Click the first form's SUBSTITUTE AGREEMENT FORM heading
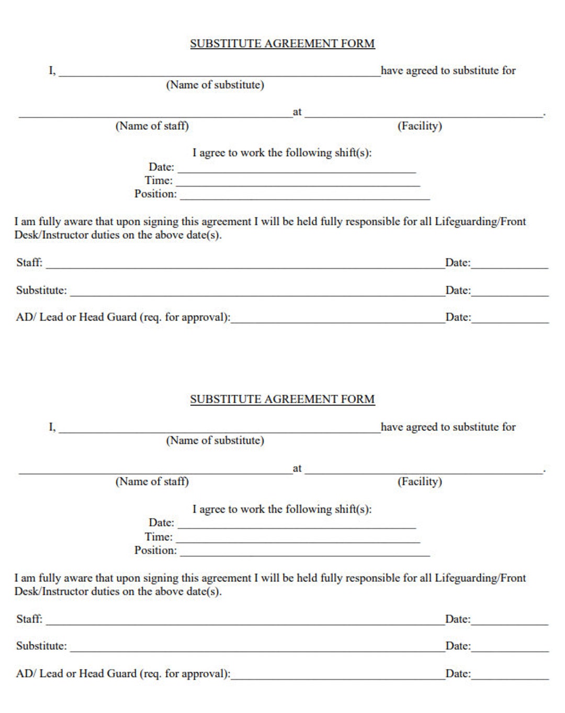(x=282, y=43)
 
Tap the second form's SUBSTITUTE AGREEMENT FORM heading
(x=282, y=399)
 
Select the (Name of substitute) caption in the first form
(x=214, y=85)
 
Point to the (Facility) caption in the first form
(x=420, y=126)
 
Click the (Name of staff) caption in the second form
(x=152, y=481)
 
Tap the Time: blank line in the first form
(x=298, y=183)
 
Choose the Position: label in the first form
(x=155, y=194)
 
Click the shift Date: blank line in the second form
(x=297, y=525)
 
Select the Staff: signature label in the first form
(x=29, y=262)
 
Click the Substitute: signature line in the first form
(x=256, y=293)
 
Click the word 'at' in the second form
(x=297, y=468)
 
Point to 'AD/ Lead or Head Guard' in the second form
(x=76, y=674)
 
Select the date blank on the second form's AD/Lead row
(x=510, y=676)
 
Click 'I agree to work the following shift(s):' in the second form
(x=282, y=509)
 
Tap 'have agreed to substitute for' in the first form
(x=448, y=71)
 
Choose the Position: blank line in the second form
(x=304, y=553)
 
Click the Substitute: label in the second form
(x=41, y=646)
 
